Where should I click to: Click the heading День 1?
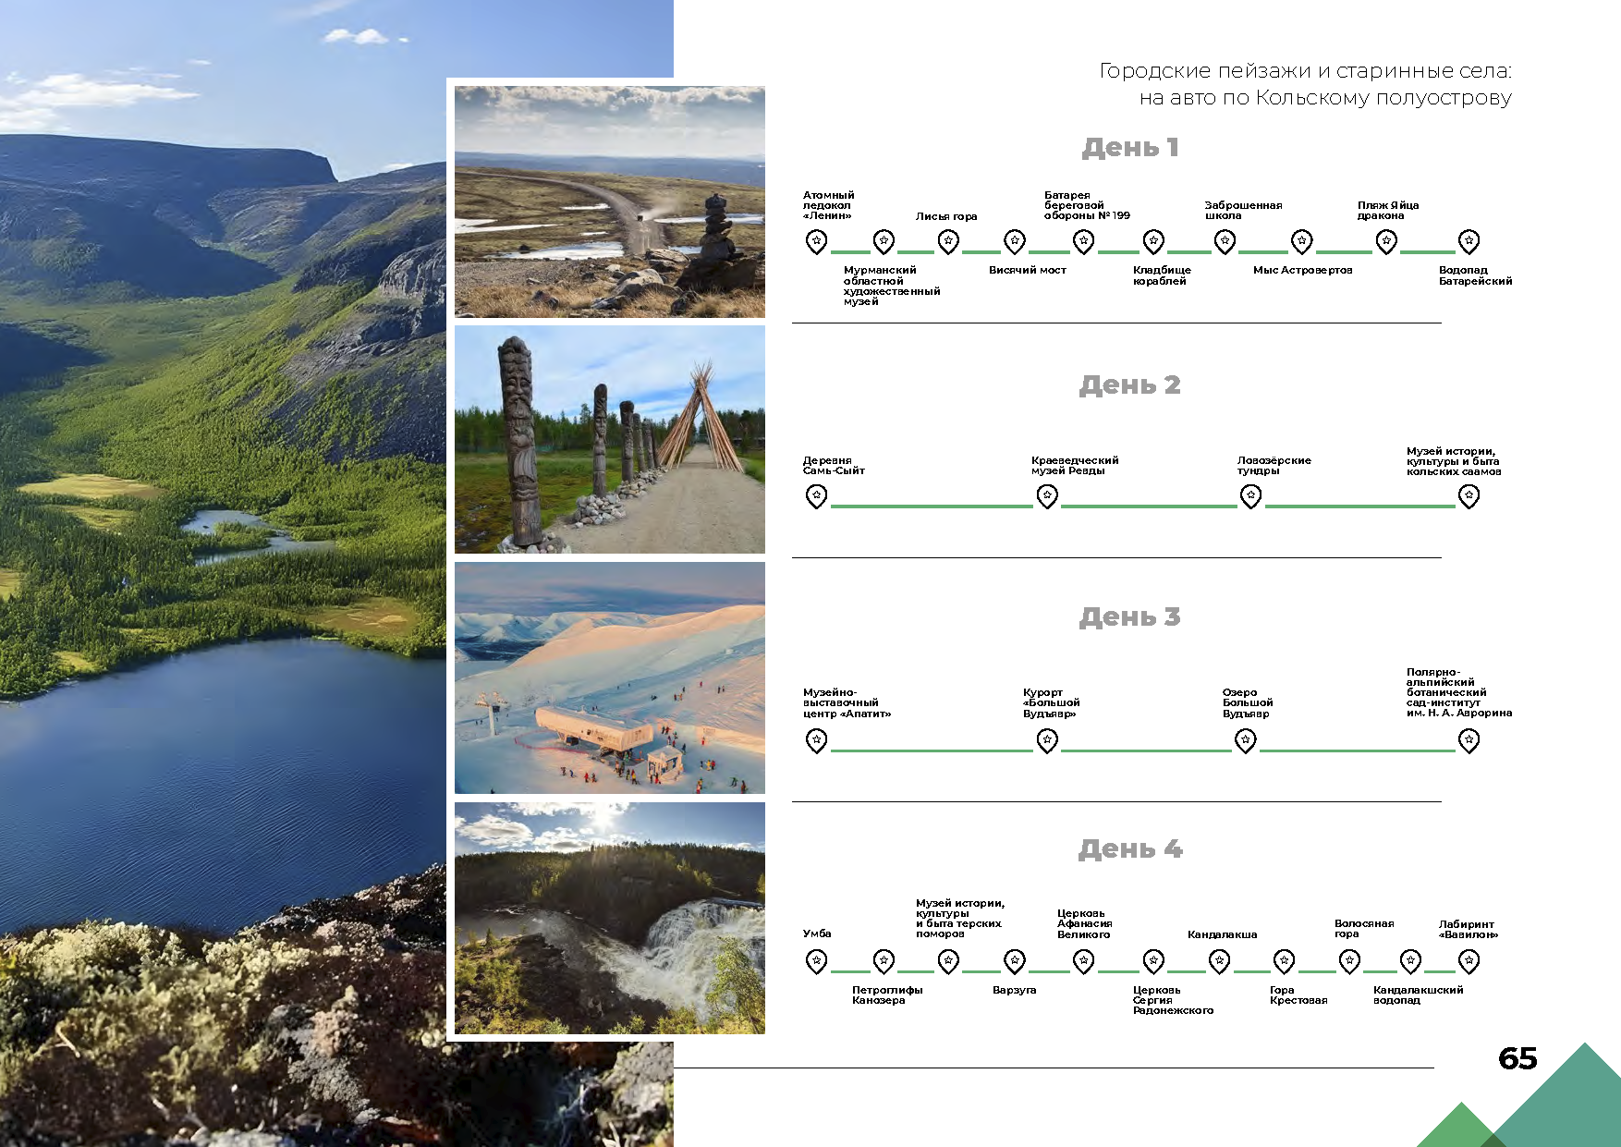1129,148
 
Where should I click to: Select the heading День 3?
1129,617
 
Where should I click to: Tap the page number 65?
1517,1058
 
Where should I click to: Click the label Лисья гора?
946,216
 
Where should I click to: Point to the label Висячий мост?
1027,270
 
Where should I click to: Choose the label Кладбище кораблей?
1162,275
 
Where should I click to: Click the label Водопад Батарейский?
1475,275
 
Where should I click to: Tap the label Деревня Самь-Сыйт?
834,465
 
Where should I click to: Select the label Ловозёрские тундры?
1274,465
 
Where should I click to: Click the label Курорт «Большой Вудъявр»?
1051,702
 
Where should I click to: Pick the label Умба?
817,933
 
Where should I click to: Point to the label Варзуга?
1014,990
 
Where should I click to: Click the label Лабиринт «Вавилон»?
1468,929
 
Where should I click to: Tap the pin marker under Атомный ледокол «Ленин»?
816,242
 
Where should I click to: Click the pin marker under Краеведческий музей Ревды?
1047,497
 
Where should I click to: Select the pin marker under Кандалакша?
1220,962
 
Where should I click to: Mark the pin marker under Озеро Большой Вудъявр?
1246,741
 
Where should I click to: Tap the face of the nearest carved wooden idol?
518,407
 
